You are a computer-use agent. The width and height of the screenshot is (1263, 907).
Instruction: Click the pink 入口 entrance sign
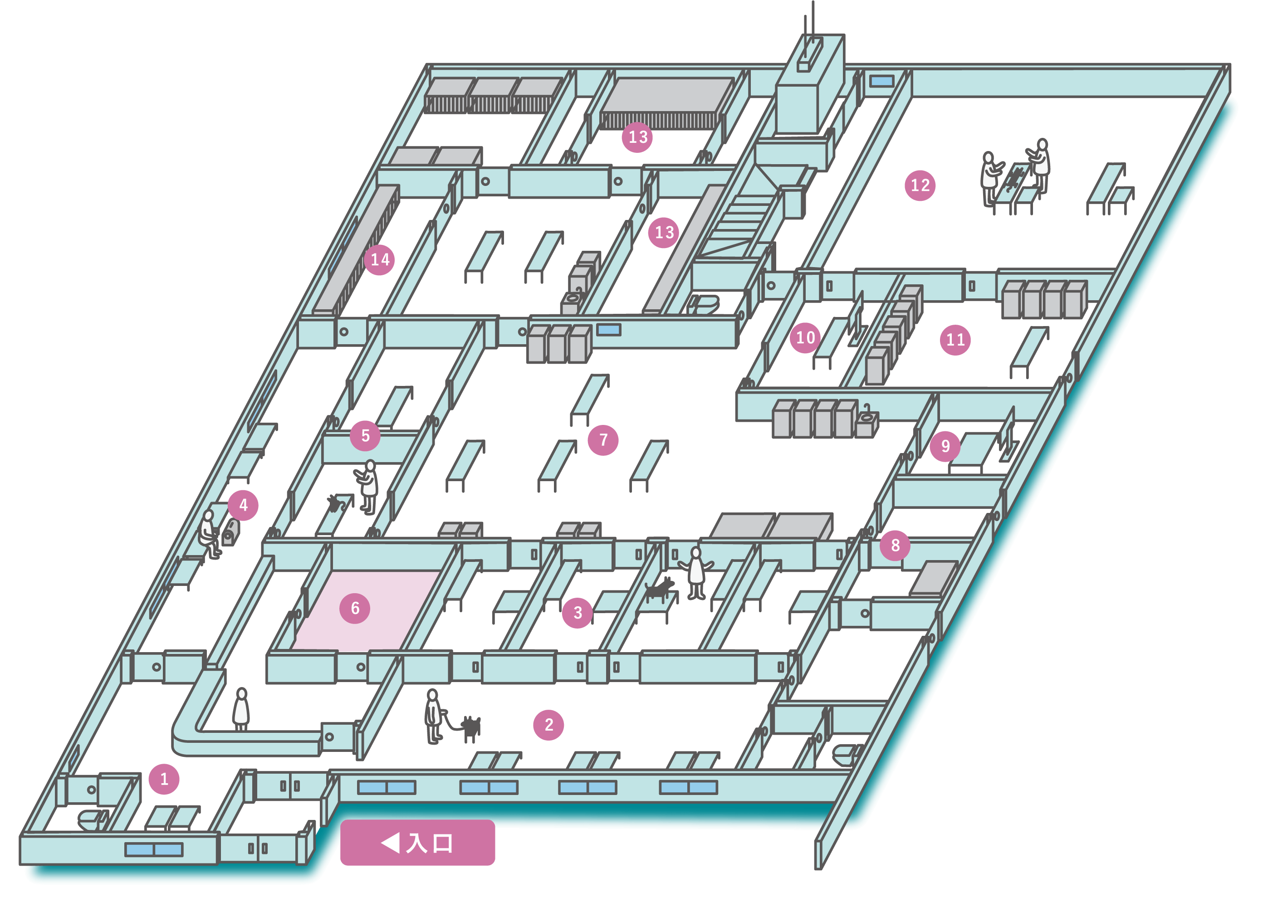[x=418, y=843]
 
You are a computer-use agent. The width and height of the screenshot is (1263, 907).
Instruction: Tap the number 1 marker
[x=164, y=779]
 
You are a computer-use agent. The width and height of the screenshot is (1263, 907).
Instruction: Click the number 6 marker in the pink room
[x=355, y=608]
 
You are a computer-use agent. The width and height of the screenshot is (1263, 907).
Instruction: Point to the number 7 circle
[x=603, y=440]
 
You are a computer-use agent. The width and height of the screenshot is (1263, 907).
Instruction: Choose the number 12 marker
[x=920, y=185]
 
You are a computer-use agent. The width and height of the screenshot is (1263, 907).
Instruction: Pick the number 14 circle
[x=380, y=259]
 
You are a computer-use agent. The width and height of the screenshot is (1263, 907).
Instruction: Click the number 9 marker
[x=945, y=446]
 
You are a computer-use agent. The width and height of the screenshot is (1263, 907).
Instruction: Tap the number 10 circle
[x=805, y=337]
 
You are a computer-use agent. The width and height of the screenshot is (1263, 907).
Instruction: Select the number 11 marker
[x=955, y=340]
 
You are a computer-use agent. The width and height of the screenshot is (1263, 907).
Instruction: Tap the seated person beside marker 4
[x=209, y=533]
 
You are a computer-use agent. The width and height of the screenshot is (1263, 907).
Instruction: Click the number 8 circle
[x=895, y=546]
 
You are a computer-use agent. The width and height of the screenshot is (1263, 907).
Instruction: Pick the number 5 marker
[x=365, y=436]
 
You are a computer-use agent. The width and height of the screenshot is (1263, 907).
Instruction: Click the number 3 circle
[x=578, y=613]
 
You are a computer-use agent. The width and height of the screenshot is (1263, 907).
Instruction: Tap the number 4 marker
[x=243, y=505]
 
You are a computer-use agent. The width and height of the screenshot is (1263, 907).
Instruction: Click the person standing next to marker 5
[x=368, y=486]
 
